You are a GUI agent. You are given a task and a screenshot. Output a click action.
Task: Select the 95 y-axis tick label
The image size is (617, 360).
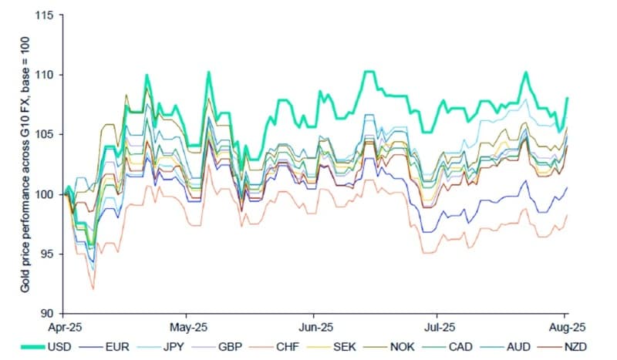coord(54,254)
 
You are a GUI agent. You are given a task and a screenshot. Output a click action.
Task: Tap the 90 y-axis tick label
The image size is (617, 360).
coord(54,313)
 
